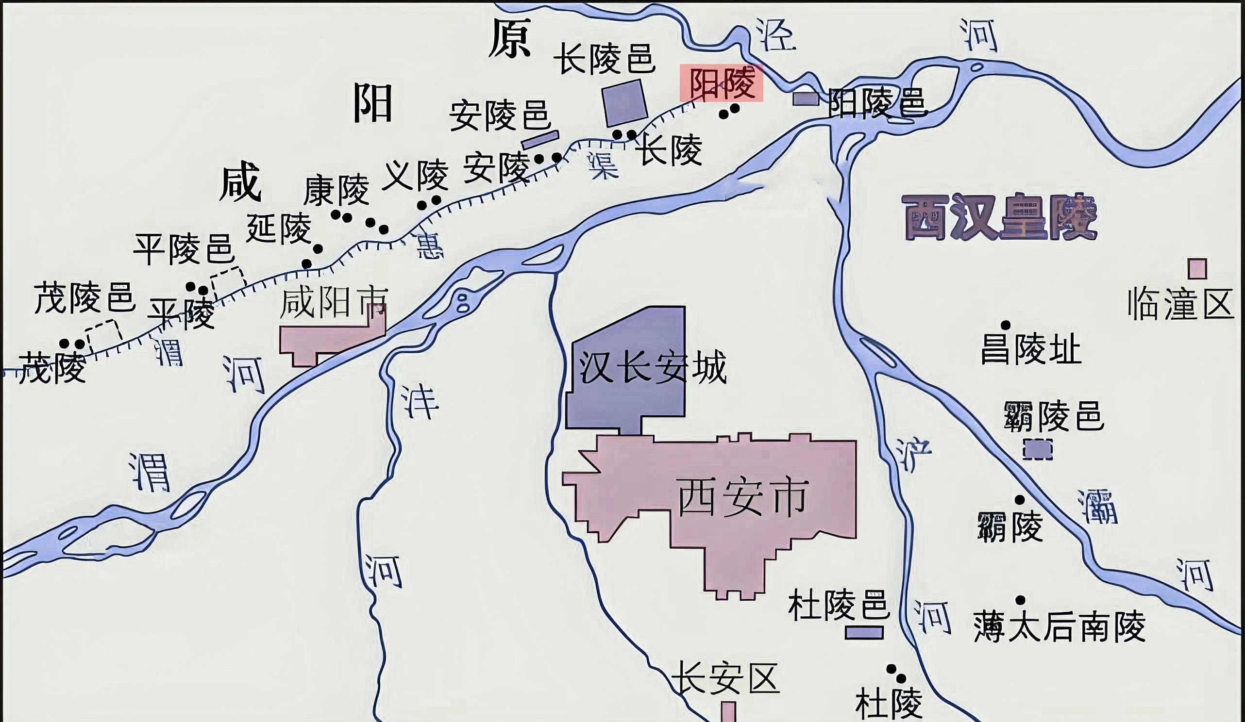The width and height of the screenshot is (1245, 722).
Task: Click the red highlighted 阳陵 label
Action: click(721, 83)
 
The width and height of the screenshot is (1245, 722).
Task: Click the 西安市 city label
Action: click(742, 497)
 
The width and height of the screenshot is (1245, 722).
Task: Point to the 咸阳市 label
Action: click(334, 303)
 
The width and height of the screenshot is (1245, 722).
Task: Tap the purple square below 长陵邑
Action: click(624, 103)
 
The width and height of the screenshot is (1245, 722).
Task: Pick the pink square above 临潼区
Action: click(1197, 269)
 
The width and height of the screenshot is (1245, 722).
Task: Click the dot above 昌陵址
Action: click(1006, 325)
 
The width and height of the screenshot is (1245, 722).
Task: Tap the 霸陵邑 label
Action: click(1054, 416)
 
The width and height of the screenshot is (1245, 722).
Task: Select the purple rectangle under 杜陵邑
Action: click(864, 632)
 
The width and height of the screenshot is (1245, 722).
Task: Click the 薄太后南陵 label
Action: click(1059, 627)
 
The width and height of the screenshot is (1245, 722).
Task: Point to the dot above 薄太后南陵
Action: click(1020, 600)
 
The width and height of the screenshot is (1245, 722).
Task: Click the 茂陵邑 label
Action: click(84, 298)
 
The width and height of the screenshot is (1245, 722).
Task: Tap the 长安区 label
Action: click(725, 678)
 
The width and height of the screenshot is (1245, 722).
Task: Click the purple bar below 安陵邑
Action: click(540, 139)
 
